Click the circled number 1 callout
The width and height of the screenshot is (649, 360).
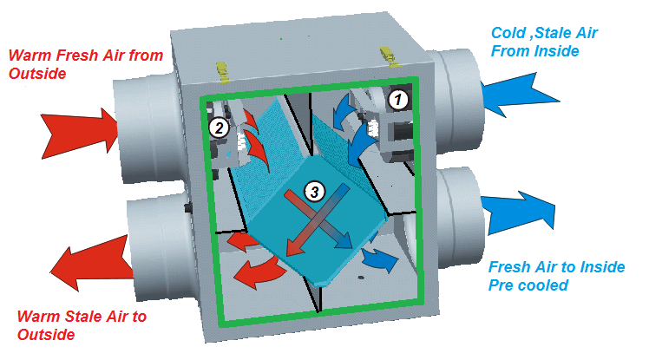(397, 99)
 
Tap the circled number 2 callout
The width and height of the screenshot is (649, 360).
(219, 128)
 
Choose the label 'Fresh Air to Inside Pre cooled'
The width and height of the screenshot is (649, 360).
(556, 275)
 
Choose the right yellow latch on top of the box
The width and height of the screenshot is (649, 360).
(383, 53)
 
